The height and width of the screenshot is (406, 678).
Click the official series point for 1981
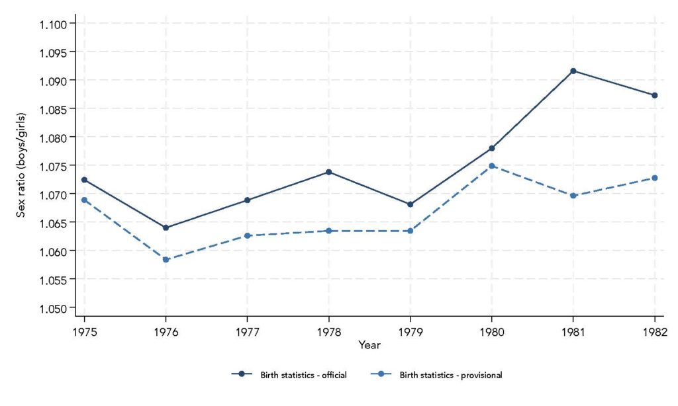click(x=573, y=71)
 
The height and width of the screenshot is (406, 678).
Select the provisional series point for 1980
click(x=491, y=166)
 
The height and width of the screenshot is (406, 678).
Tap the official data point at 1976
click(x=166, y=228)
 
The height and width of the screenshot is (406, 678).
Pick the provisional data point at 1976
click(x=166, y=260)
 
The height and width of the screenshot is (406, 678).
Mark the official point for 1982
click(x=655, y=95)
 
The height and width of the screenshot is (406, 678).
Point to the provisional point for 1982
click(x=655, y=178)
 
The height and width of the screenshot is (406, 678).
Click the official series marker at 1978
click(x=328, y=172)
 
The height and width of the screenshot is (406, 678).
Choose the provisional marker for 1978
click(x=328, y=231)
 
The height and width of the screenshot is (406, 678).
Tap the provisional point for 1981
click(x=573, y=196)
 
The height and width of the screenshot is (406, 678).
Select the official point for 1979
click(x=410, y=204)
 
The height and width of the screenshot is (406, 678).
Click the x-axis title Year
click(x=369, y=345)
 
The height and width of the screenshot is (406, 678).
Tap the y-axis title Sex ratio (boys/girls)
click(x=23, y=166)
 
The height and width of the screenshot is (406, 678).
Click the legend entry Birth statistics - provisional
click(x=451, y=375)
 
